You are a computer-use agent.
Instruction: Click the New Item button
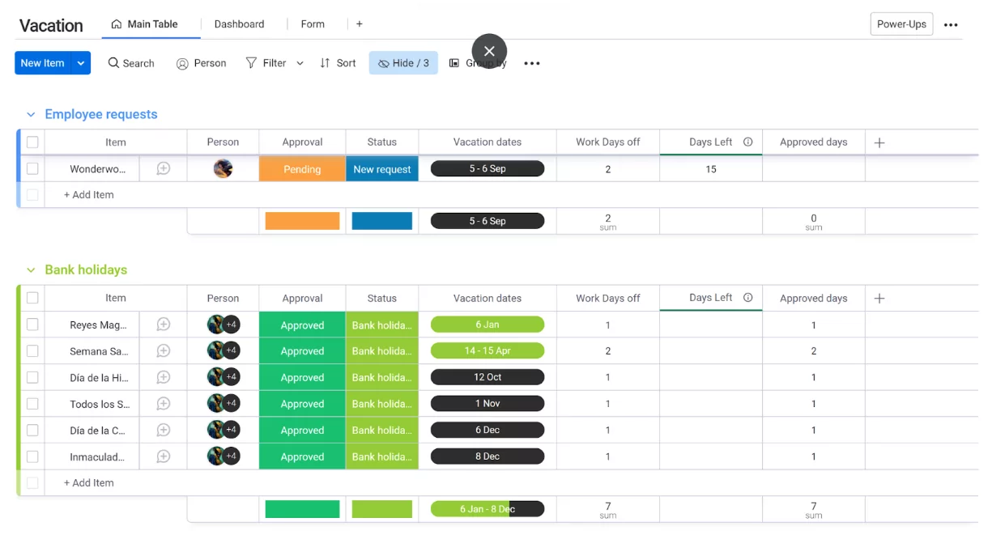click(x=42, y=63)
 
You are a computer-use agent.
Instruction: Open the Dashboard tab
click(x=239, y=24)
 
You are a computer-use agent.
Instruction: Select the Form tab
click(x=313, y=24)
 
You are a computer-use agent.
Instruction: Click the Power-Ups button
click(x=901, y=24)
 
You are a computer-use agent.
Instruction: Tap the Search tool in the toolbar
click(x=131, y=63)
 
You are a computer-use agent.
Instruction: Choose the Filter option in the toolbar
click(x=266, y=63)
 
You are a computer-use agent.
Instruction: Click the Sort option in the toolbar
click(x=338, y=63)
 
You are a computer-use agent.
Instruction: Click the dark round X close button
click(x=489, y=51)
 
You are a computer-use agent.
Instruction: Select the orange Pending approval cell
click(x=302, y=169)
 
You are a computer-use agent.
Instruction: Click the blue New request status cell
click(x=382, y=169)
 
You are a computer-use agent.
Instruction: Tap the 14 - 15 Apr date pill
click(x=487, y=351)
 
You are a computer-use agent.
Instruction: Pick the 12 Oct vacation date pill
click(x=487, y=377)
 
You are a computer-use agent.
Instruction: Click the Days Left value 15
click(x=711, y=169)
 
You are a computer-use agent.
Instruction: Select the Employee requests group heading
click(x=101, y=114)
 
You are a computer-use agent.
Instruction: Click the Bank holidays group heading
click(x=86, y=269)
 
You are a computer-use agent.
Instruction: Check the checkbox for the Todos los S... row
click(x=32, y=404)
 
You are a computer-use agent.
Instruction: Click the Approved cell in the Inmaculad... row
click(x=302, y=456)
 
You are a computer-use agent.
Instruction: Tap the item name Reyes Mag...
click(x=98, y=325)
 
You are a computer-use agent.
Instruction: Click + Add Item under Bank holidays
click(x=89, y=483)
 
